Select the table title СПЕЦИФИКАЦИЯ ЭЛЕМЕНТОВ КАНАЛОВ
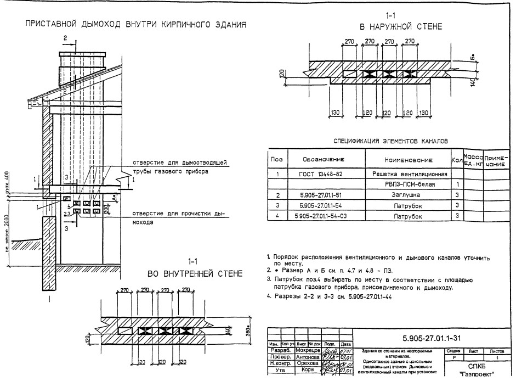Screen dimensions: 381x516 click(x=391, y=141)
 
